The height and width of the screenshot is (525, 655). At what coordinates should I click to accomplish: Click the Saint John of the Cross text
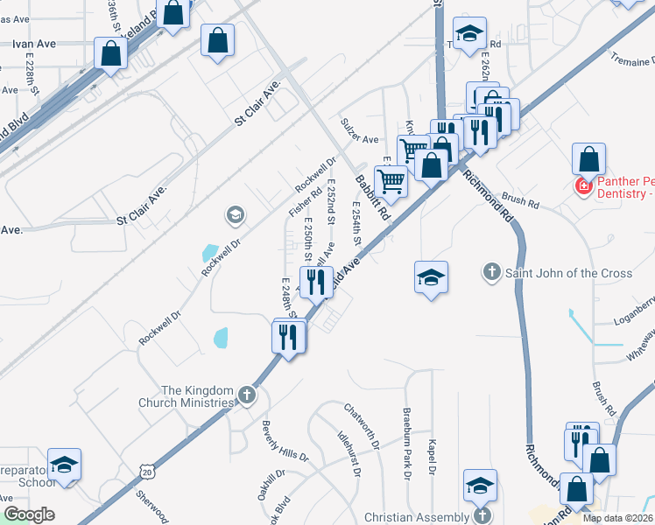[x=568, y=273]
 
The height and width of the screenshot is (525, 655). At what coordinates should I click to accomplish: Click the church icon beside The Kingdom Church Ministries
[x=247, y=396]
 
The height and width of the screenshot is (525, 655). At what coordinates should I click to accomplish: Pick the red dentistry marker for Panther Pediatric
[x=581, y=186]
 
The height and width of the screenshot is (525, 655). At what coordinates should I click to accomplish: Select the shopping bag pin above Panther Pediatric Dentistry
[x=589, y=159]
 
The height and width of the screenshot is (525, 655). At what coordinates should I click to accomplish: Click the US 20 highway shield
[x=145, y=472]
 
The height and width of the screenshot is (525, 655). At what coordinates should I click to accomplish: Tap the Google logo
[x=29, y=514]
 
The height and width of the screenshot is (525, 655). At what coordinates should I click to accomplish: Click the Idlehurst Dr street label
[x=349, y=452]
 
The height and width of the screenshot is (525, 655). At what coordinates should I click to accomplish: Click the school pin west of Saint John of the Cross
[x=431, y=278]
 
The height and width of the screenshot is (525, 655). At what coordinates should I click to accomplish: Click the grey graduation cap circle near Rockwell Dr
[x=235, y=214]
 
